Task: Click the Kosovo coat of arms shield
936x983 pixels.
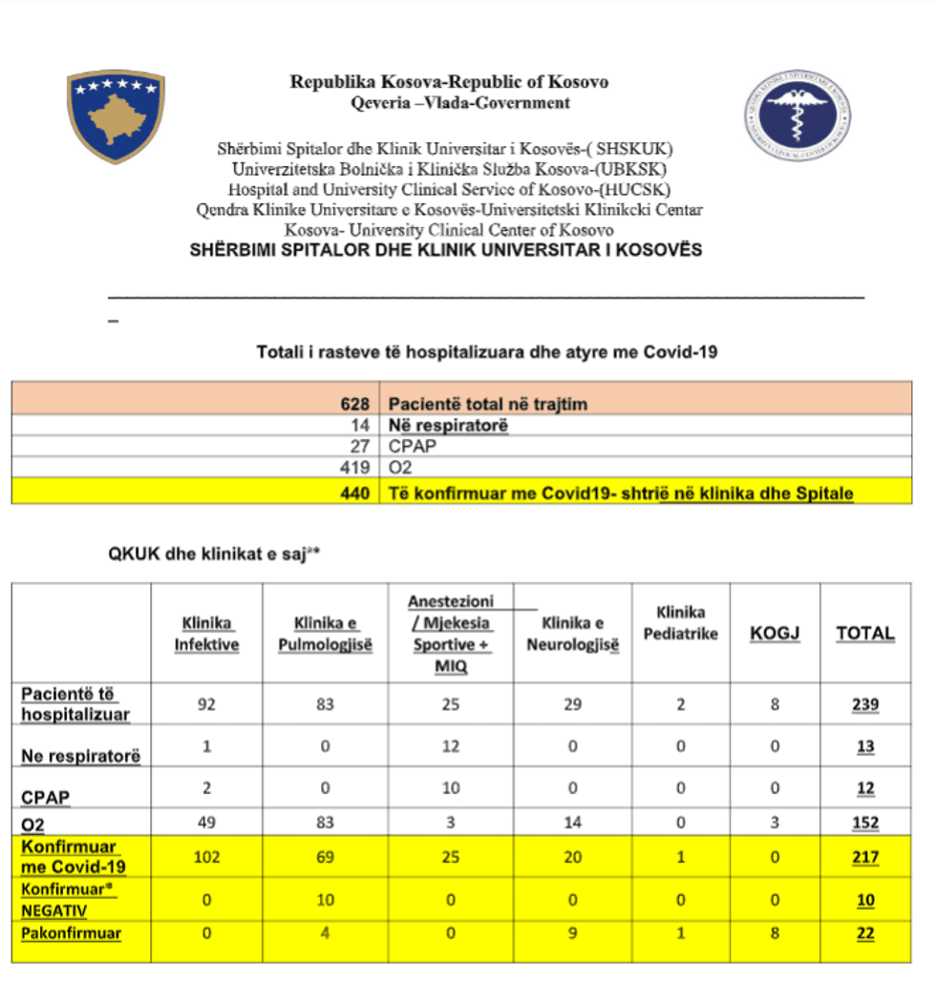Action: click(x=116, y=115)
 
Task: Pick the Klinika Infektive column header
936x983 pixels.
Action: click(x=206, y=634)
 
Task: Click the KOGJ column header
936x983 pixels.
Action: click(x=774, y=633)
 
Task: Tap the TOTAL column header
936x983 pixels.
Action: click(x=865, y=633)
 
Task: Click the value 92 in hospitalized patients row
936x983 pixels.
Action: click(x=205, y=705)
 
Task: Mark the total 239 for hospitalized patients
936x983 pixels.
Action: click(x=865, y=705)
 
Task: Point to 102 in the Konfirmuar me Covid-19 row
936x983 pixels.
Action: click(x=205, y=857)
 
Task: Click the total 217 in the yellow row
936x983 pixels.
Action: click(x=865, y=857)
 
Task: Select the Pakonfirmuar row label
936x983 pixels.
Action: click(x=72, y=933)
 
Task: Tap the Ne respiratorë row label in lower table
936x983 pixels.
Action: click(x=81, y=756)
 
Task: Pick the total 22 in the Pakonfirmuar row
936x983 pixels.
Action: click(x=865, y=933)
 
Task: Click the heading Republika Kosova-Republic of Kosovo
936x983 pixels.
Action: click(x=449, y=82)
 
